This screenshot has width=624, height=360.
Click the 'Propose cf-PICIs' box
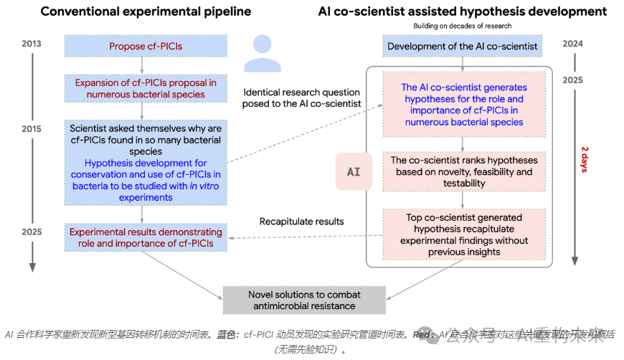tap(145, 47)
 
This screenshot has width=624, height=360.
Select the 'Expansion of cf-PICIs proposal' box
tap(145, 88)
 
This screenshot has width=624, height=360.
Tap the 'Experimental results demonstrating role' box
tap(145, 237)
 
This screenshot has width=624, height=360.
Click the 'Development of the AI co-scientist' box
tap(463, 47)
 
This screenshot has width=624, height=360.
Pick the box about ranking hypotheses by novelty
tap(463, 172)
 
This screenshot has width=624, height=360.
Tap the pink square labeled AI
tap(354, 172)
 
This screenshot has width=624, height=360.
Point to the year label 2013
tap(31, 44)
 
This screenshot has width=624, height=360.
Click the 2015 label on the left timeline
tap(31, 129)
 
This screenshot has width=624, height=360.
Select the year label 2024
tap(572, 44)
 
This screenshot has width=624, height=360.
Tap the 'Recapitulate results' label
tap(301, 221)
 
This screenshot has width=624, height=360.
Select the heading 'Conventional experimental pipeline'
tap(146, 11)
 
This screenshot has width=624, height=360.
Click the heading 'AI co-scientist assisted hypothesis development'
tap(463, 11)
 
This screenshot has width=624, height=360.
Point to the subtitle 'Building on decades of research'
tap(463, 27)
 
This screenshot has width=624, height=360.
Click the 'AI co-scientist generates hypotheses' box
tap(463, 105)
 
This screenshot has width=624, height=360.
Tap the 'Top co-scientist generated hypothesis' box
tap(463, 235)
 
